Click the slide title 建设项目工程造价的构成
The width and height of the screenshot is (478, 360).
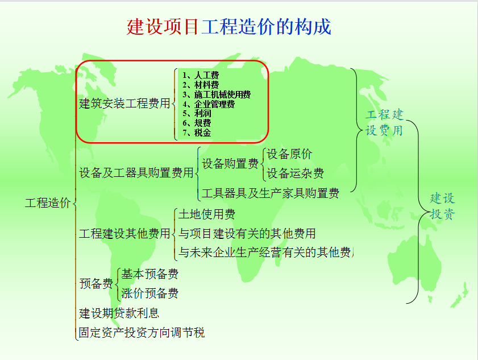(228, 27)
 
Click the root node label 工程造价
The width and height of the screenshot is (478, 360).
(48, 202)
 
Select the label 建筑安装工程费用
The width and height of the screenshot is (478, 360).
(124, 104)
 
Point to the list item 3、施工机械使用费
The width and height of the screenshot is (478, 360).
(217, 94)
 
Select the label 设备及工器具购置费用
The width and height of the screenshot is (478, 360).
(136, 172)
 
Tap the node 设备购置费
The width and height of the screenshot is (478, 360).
(230, 164)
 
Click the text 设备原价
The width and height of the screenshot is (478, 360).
(289, 154)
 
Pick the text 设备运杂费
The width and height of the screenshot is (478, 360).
(295, 173)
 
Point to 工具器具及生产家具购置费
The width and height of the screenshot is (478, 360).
(270, 193)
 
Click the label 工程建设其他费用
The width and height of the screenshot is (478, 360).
(124, 233)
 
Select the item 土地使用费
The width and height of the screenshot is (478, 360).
(206, 214)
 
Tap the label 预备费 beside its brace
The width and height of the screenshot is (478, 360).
(96, 284)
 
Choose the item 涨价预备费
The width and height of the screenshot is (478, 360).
(149, 293)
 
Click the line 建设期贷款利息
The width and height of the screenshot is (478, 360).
(119, 313)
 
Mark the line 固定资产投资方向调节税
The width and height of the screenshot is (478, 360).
(142, 333)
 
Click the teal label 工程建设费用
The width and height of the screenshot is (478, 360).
(384, 122)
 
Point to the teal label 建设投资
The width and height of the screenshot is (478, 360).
(442, 206)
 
